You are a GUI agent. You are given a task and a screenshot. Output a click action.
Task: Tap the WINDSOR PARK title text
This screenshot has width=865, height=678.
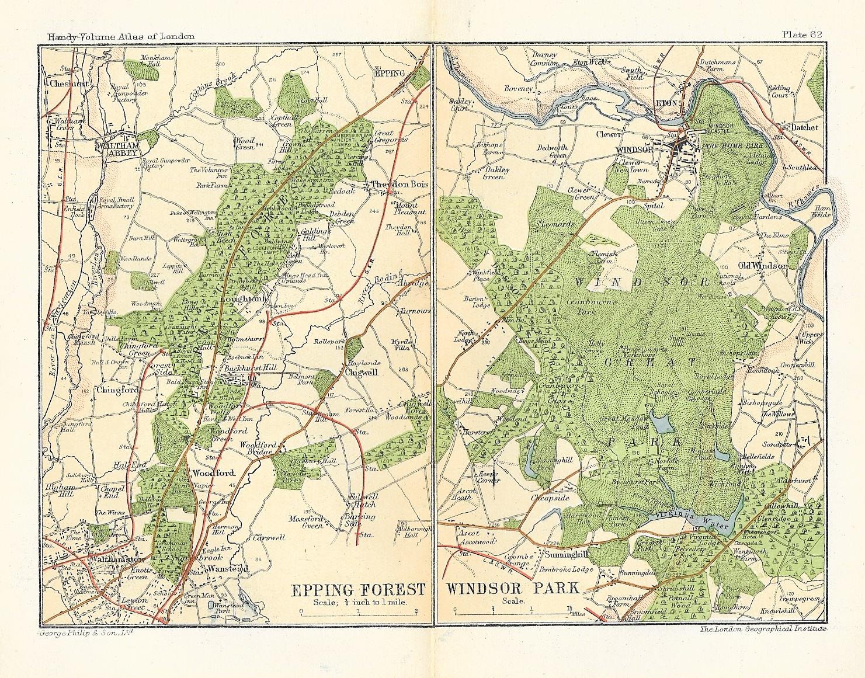(x=513, y=588)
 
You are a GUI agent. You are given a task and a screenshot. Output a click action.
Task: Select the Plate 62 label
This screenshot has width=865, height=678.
(x=802, y=34)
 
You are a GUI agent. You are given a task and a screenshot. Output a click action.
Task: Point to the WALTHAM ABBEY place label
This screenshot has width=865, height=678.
(x=121, y=148)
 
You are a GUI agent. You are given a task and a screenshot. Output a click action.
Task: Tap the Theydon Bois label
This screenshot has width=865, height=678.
(x=399, y=184)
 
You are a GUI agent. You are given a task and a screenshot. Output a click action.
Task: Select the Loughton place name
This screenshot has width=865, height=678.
(x=242, y=298)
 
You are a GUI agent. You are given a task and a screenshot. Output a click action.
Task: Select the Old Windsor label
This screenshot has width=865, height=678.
(x=762, y=266)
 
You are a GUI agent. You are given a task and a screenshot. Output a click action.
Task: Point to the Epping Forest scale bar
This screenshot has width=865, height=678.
(x=358, y=612)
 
